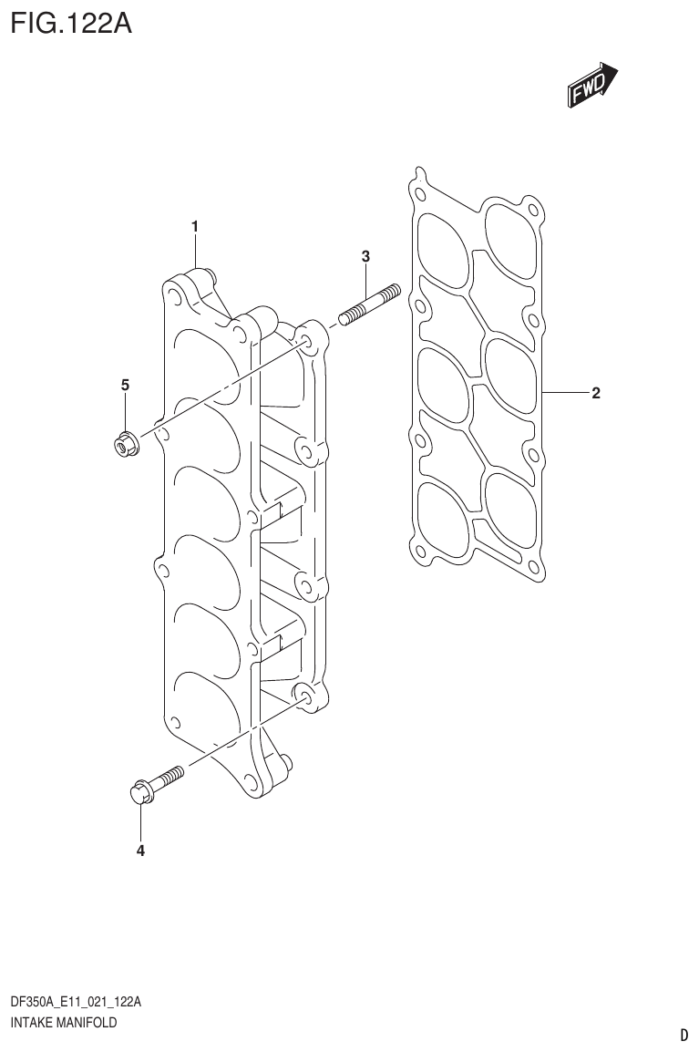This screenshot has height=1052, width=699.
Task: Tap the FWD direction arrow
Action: (x=593, y=85)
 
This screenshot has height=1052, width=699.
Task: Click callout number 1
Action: (x=195, y=225)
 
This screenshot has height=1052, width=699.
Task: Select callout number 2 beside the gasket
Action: (x=595, y=394)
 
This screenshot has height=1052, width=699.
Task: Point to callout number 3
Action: (x=365, y=256)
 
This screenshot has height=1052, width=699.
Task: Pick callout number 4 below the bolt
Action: (x=140, y=851)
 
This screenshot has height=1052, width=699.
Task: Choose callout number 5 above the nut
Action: (x=125, y=385)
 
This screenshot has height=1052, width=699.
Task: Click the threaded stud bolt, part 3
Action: (x=370, y=304)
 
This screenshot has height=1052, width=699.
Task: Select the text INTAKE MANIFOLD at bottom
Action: (x=64, y=1023)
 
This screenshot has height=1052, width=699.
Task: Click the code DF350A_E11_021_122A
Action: (x=76, y=1002)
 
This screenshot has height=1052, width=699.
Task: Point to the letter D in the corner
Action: (x=684, y=1035)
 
